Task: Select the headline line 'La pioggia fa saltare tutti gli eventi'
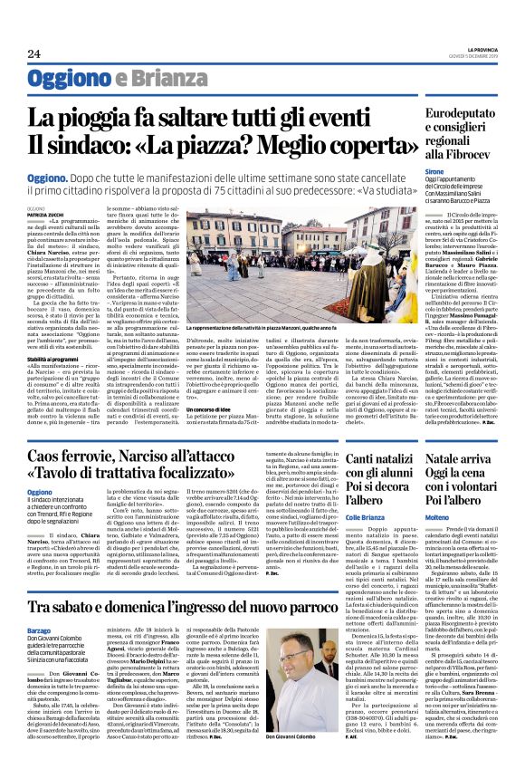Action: (219, 116)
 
